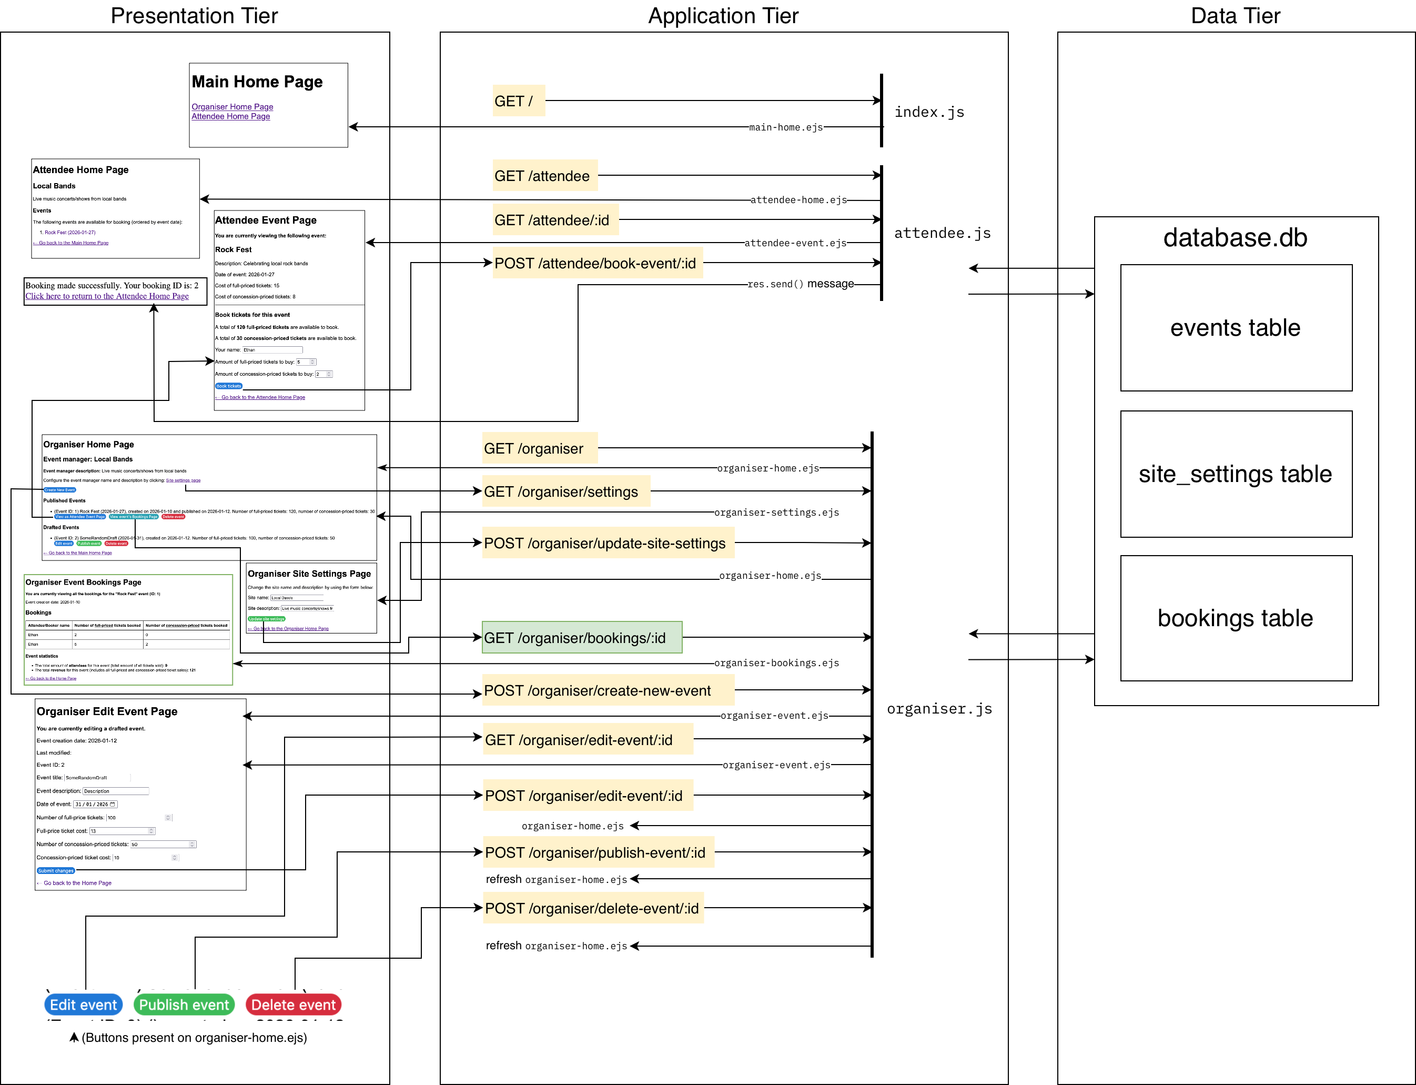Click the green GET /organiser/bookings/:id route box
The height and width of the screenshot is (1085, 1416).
pos(581,637)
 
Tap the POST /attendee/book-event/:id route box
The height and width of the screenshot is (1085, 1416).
pos(596,264)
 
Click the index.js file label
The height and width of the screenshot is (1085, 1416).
pos(928,113)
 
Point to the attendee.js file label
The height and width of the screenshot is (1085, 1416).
pos(942,233)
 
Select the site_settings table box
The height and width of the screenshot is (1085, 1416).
pos(1235,474)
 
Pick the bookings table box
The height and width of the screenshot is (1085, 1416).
pos(1235,618)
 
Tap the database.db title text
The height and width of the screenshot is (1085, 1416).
pos(1235,238)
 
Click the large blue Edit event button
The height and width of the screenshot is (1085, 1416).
pos(83,1004)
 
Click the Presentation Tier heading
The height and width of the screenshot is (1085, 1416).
pos(194,15)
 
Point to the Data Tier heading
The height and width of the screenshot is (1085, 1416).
pos(1235,15)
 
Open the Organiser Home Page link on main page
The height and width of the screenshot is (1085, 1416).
pos(232,107)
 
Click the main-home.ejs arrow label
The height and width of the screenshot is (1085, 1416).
pos(785,127)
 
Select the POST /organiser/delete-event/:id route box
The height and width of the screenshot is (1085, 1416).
pos(593,908)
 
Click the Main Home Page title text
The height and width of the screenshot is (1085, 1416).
pos(257,82)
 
